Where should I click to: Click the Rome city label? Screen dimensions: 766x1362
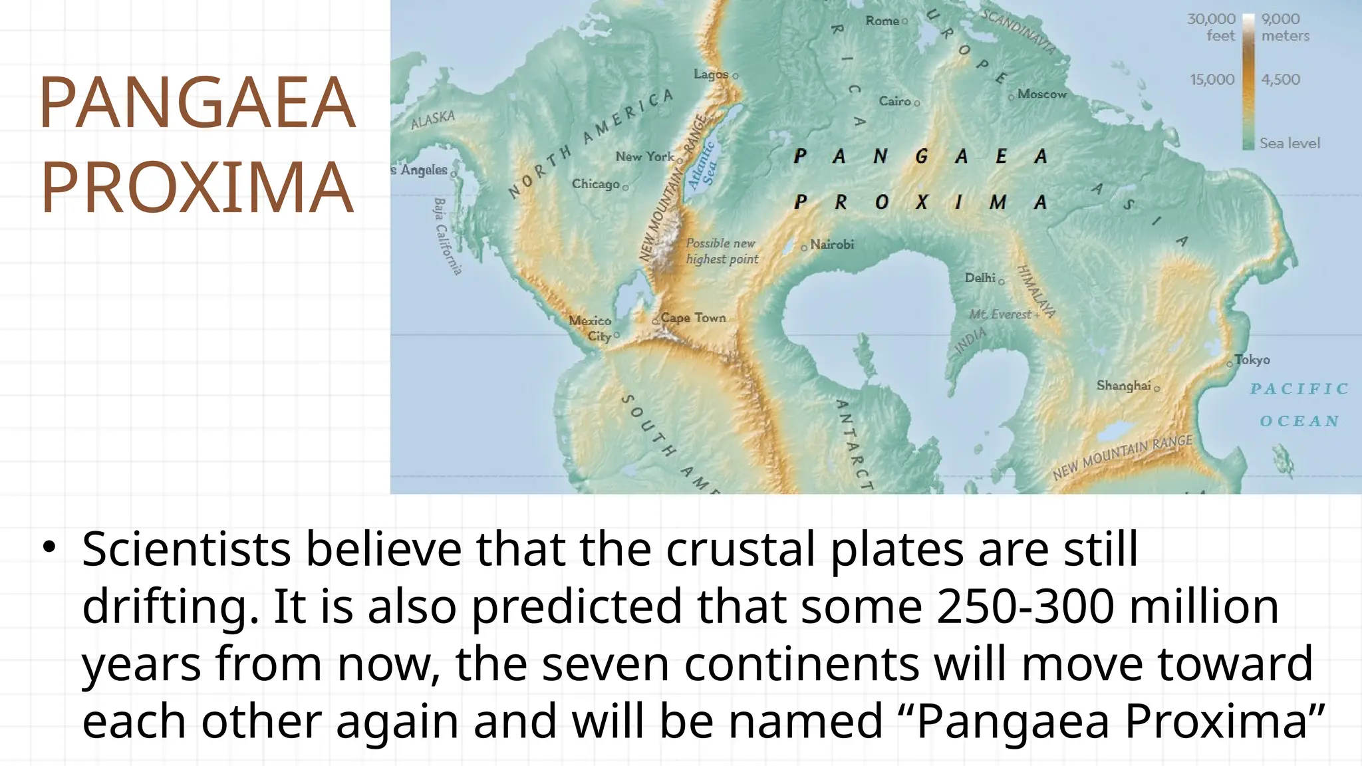(882, 21)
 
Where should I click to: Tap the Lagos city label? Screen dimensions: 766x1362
(711, 74)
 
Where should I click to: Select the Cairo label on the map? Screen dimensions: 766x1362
(894, 101)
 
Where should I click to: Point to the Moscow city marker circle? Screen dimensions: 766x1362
(1012, 97)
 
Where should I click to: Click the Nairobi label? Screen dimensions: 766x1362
(832, 245)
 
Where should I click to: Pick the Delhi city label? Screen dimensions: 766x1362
(980, 277)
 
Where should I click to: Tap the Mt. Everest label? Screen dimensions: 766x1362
(1000, 315)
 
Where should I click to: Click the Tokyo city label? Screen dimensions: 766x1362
(1252, 360)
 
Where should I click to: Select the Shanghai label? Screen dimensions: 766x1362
(1123, 386)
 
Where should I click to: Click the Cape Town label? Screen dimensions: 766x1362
(693, 318)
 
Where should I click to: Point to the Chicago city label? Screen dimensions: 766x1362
(595, 184)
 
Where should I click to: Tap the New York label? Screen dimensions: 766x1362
(644, 157)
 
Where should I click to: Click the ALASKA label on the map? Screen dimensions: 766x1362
(433, 120)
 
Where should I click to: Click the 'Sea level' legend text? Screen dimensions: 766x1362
(1290, 143)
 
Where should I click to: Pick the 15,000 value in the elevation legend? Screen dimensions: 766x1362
(1212, 80)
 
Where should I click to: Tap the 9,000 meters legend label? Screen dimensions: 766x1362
(1285, 27)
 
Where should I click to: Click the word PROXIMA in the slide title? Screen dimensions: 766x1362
(197, 188)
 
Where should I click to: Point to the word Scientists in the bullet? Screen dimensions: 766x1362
(186, 550)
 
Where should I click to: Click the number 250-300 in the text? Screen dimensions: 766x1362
(1024, 606)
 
